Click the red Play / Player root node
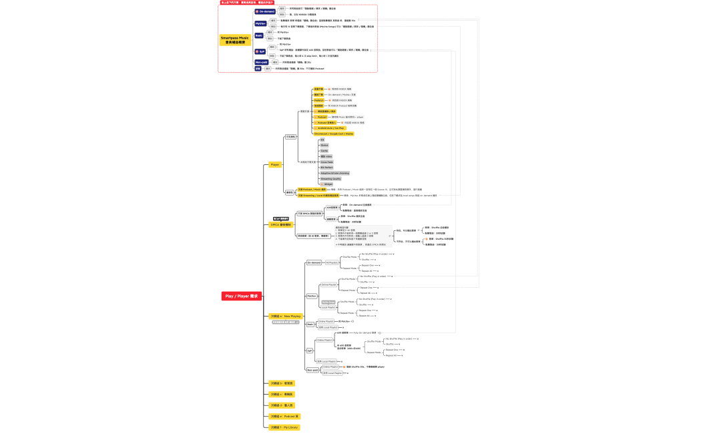[x=241, y=296]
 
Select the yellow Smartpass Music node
[x=236, y=40]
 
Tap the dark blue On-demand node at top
[x=265, y=11]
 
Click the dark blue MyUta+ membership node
[x=260, y=23]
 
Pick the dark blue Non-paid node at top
[x=261, y=62]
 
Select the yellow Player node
[x=275, y=164]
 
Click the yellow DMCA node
[x=281, y=224]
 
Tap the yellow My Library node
[x=284, y=427]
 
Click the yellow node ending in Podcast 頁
[x=284, y=416]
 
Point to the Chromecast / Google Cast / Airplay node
[x=334, y=134]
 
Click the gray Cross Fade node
[x=326, y=162]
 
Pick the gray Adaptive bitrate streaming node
[x=334, y=173]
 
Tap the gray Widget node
[x=327, y=184]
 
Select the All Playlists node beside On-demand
[x=332, y=262]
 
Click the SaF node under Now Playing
[x=310, y=350]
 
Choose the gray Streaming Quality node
[x=332, y=179]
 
